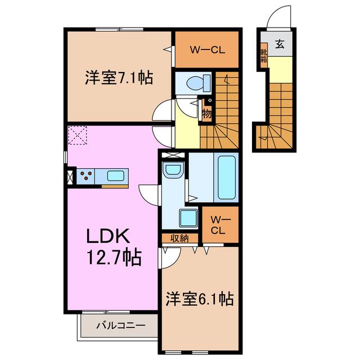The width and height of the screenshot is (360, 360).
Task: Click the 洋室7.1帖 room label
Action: (119, 78)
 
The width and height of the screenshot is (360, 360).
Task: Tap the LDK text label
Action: (108, 236)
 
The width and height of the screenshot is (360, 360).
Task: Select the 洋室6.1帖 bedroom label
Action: (200, 299)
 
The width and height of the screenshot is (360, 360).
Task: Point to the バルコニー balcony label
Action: (121, 325)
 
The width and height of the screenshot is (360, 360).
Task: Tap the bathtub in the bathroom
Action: (226, 178)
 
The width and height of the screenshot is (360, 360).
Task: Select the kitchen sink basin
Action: (116, 176)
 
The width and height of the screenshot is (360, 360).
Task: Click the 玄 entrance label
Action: (280, 44)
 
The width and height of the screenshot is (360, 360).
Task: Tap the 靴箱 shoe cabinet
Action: (264, 56)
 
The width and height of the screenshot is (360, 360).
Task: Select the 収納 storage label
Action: (179, 238)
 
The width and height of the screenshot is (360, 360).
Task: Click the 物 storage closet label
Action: (206, 114)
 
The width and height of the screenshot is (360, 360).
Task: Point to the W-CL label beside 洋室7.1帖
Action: (208, 50)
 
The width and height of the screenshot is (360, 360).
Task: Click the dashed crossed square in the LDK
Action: (78, 135)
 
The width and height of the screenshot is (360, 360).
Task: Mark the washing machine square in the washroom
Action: (188, 218)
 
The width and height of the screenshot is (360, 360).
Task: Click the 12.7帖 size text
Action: (114, 258)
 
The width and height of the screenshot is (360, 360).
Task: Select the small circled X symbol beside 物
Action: (210, 100)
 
